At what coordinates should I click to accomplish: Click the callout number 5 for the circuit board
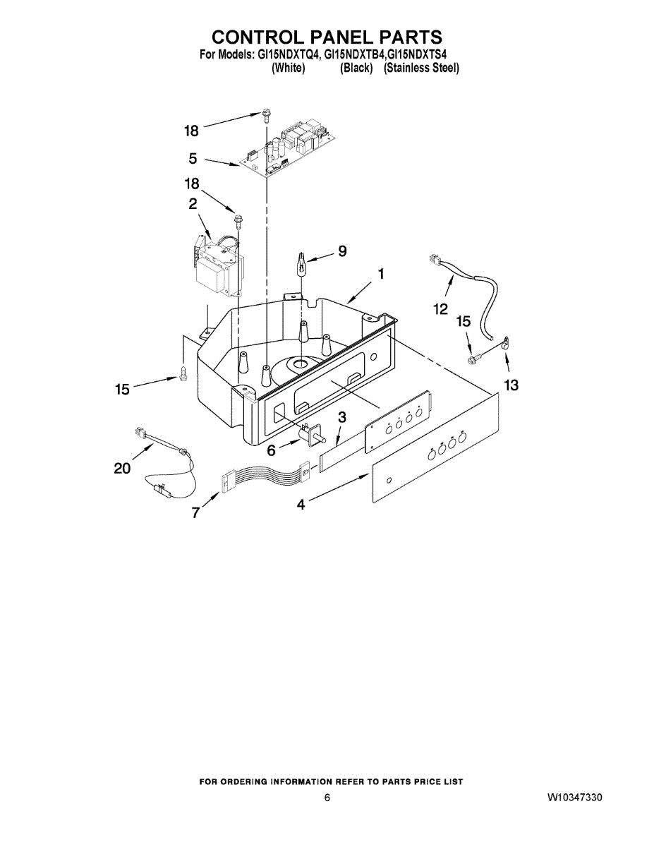tap(193, 160)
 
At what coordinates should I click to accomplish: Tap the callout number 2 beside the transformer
tap(192, 205)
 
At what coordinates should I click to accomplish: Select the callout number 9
tap(342, 251)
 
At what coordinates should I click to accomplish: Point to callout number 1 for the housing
tap(380, 274)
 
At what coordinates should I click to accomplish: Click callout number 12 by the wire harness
tap(440, 308)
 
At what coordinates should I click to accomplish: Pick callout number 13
tap(511, 385)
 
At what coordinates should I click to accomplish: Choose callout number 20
tap(122, 468)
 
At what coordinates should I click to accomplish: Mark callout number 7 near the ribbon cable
tap(195, 513)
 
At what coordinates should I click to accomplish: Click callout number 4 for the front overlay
tap(301, 505)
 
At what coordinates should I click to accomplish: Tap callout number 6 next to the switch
tap(271, 450)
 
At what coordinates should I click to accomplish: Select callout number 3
tap(341, 417)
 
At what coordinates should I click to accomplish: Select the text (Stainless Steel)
tap(421, 68)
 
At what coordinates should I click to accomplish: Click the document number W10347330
tap(574, 798)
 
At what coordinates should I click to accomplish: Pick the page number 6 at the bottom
tap(327, 798)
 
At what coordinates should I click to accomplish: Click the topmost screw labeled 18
tap(265, 114)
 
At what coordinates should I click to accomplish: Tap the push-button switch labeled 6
tap(311, 434)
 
